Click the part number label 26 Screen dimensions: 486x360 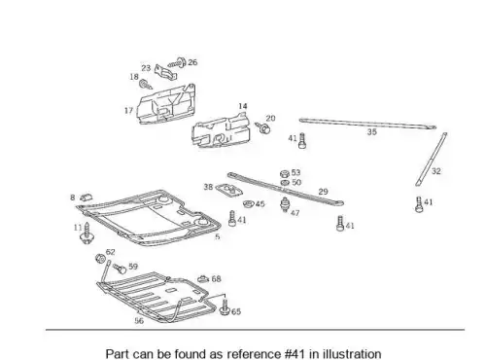point(192,62)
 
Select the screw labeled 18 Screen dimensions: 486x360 point(146,85)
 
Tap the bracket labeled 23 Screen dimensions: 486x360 point(165,73)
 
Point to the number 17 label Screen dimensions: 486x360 point(128,111)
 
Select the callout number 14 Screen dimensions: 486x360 point(243,106)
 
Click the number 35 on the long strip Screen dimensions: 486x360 point(372,131)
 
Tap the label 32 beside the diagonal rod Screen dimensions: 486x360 point(436,171)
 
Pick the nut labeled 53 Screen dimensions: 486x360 point(285,173)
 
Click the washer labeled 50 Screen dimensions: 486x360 point(285,183)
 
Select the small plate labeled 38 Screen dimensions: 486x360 point(229,190)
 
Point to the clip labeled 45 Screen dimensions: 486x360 point(249,204)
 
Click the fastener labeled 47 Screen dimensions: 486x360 point(285,204)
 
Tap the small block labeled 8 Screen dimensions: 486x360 point(86,197)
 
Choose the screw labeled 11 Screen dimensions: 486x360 point(87,234)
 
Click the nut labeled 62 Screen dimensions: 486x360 point(100,259)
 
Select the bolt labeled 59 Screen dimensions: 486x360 point(120,269)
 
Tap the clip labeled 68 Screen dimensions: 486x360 point(203,279)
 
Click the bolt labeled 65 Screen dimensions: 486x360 point(225,307)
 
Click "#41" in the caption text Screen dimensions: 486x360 point(295,353)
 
